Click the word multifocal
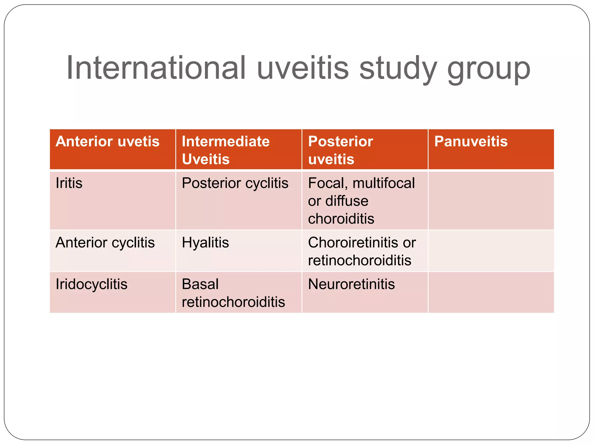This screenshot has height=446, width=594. [x=384, y=183]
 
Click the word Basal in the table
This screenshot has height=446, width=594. [x=200, y=284]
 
